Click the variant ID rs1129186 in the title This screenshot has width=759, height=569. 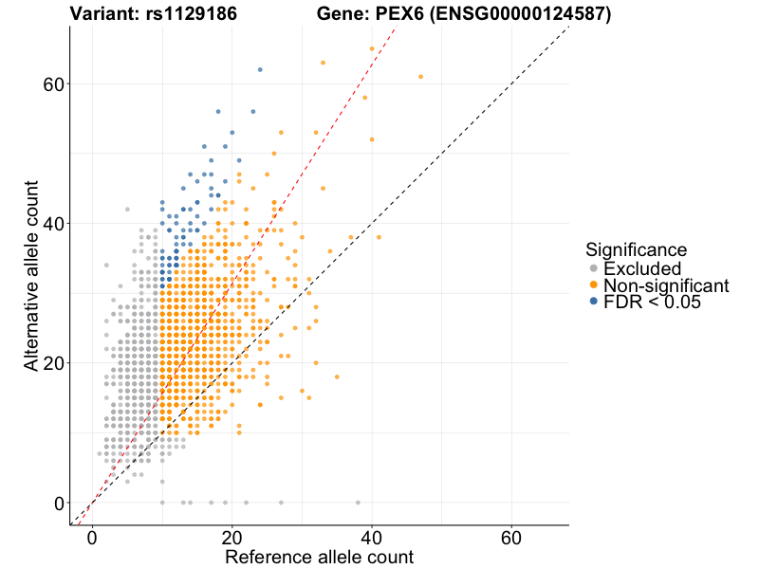[189, 14]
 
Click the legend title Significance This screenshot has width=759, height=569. [636, 249]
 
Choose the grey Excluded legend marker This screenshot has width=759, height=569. [593, 268]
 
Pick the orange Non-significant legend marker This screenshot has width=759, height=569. [593, 284]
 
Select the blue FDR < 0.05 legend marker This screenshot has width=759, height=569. [593, 302]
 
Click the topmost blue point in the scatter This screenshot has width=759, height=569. [260, 69]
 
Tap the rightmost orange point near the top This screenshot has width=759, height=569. [420, 77]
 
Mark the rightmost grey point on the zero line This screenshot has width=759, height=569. [358, 503]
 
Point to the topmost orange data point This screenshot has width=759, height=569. [372, 48]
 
